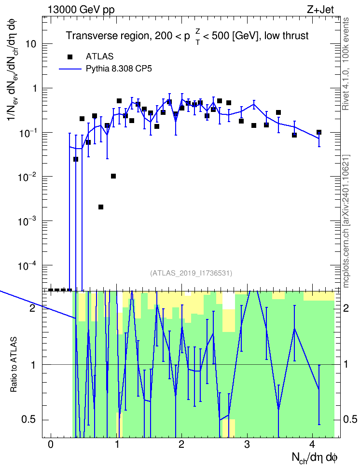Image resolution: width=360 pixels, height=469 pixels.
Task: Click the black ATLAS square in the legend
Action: click(x=70, y=56)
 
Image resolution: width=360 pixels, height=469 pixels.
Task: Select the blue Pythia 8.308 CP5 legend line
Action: click(x=70, y=69)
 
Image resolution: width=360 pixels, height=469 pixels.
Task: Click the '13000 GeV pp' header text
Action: click(x=81, y=10)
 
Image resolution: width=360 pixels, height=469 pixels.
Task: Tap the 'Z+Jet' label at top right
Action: click(x=320, y=10)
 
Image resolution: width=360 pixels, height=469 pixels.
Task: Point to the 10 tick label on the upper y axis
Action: click(x=30, y=44)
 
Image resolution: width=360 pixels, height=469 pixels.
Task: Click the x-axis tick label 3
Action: click(x=247, y=444)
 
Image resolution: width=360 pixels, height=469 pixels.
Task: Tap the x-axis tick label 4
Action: click(x=312, y=444)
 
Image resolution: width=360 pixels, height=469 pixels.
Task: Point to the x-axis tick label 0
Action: click(x=51, y=444)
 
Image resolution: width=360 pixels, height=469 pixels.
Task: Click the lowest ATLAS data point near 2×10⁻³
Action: click(x=101, y=207)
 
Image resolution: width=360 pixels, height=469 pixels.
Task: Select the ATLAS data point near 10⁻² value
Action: click(x=113, y=176)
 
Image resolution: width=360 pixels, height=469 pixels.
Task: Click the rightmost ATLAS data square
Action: click(x=319, y=132)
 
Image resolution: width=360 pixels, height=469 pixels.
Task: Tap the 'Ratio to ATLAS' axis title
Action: click(x=14, y=364)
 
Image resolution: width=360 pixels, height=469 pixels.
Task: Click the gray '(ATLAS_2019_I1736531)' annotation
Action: click(x=191, y=273)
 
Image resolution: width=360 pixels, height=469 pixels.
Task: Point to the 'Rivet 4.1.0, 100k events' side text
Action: click(x=346, y=64)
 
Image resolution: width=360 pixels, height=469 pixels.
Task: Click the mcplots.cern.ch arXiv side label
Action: click(x=346, y=221)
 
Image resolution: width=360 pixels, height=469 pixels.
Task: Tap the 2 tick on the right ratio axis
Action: click(x=346, y=308)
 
